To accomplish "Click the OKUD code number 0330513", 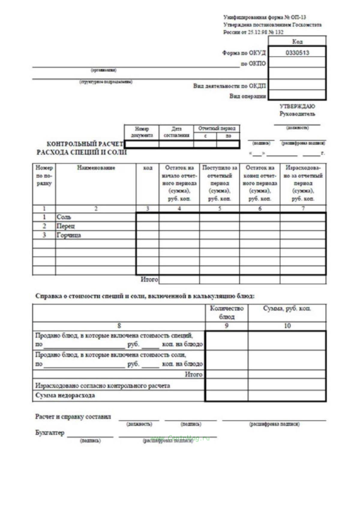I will click(297, 53).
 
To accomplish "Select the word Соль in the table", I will click(64, 217).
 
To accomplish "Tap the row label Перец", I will click(66, 226).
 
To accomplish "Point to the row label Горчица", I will click(69, 235).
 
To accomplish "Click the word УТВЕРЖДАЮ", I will click(297, 106).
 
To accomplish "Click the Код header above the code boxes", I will click(297, 41).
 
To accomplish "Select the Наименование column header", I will click(96, 168).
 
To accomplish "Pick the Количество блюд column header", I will click(227, 312).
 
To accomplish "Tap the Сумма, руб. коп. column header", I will click(287, 309).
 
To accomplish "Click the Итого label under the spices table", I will click(149, 280).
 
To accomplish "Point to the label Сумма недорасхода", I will click(65, 395).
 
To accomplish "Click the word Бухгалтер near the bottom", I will click(50, 433).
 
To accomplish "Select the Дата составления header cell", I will click(176, 132).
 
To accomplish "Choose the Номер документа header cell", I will click(142, 132).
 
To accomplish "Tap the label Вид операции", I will click(247, 96).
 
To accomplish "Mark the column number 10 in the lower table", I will click(287, 326).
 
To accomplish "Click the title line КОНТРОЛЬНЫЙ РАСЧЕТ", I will click(85, 144).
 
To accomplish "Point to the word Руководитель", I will click(297, 114).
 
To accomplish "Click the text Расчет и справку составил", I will click(73, 417).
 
